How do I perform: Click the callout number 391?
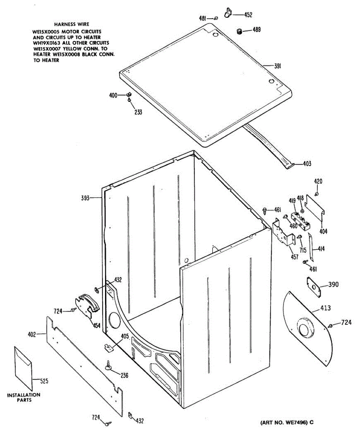[x=278, y=66]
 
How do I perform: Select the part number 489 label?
[x=256, y=30]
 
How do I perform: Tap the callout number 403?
[x=307, y=163]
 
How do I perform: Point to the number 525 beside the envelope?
[x=44, y=381]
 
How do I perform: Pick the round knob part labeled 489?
[x=239, y=32]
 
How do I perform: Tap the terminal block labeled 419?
[x=300, y=220]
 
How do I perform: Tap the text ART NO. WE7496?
[x=284, y=423]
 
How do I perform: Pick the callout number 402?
[x=32, y=335]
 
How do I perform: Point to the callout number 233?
[x=138, y=112]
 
